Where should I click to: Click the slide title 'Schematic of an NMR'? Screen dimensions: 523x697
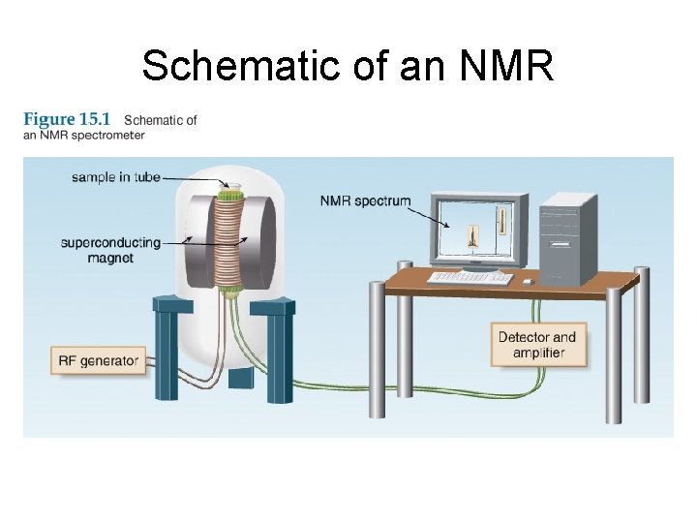tap(348, 66)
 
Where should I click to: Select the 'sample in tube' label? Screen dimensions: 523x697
tap(115, 177)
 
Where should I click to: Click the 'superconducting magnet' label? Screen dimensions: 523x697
tap(110, 250)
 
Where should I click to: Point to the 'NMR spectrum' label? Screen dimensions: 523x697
tap(365, 201)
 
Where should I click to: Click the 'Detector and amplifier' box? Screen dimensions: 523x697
tap(537, 345)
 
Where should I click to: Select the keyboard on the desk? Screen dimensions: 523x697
tap(471, 277)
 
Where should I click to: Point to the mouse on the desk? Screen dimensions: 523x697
tap(527, 281)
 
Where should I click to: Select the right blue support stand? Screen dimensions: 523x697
tap(277, 349)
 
